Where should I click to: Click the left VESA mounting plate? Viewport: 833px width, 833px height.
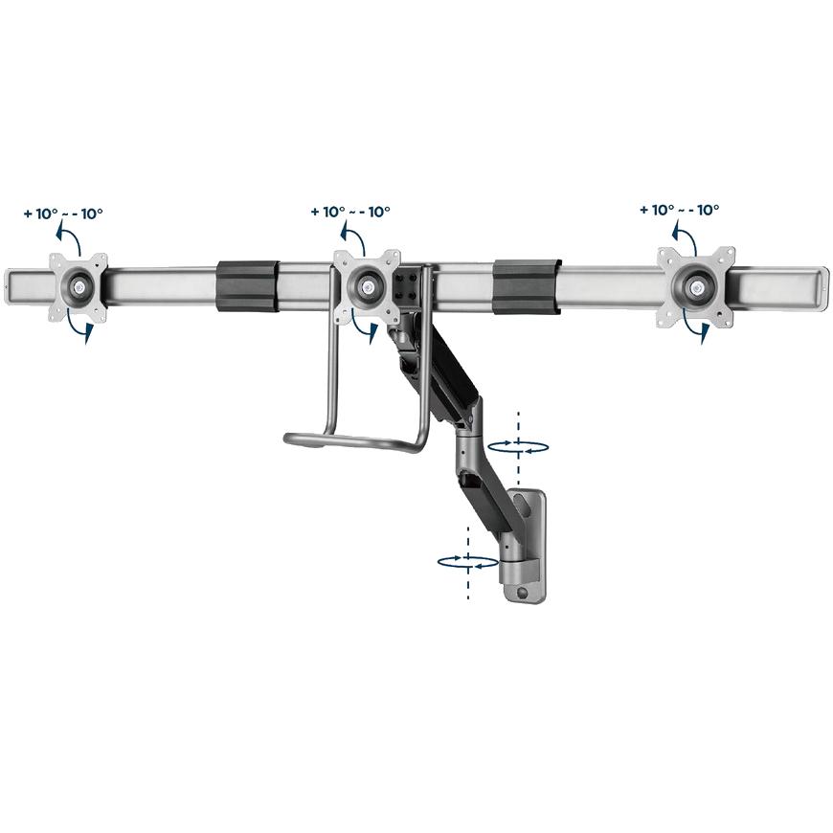click(79, 287)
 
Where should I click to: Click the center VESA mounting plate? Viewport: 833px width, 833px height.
click(367, 286)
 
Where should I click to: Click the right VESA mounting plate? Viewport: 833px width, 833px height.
click(696, 287)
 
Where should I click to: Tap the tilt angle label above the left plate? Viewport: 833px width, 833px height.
click(63, 214)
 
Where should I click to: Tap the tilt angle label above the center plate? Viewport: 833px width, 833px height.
click(350, 212)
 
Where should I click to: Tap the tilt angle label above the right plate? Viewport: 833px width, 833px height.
click(680, 210)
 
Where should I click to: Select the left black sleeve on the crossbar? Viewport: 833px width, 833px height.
click(248, 286)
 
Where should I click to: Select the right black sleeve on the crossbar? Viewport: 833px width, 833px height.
click(527, 286)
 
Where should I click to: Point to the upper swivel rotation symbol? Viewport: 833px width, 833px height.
click(518, 447)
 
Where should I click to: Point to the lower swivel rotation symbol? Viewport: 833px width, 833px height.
click(468, 563)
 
